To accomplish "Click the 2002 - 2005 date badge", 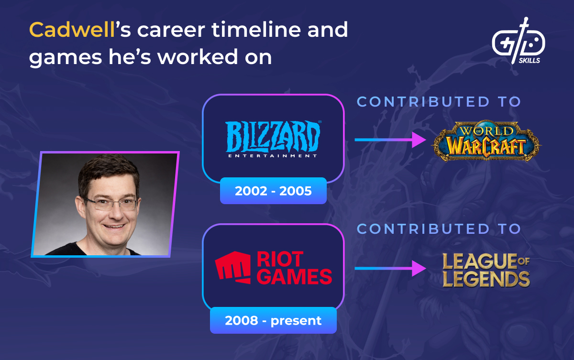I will click(273, 191).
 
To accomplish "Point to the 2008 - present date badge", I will click(273, 320).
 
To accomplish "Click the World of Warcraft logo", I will click(486, 142).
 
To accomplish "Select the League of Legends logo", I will click(486, 270).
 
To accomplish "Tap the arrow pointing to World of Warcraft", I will click(390, 140).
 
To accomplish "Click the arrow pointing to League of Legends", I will click(390, 268).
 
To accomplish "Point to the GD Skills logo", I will click(518, 41).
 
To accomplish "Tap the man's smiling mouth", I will click(113, 227).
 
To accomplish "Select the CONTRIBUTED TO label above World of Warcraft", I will click(439, 101).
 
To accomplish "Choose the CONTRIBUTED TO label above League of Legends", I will click(439, 229).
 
